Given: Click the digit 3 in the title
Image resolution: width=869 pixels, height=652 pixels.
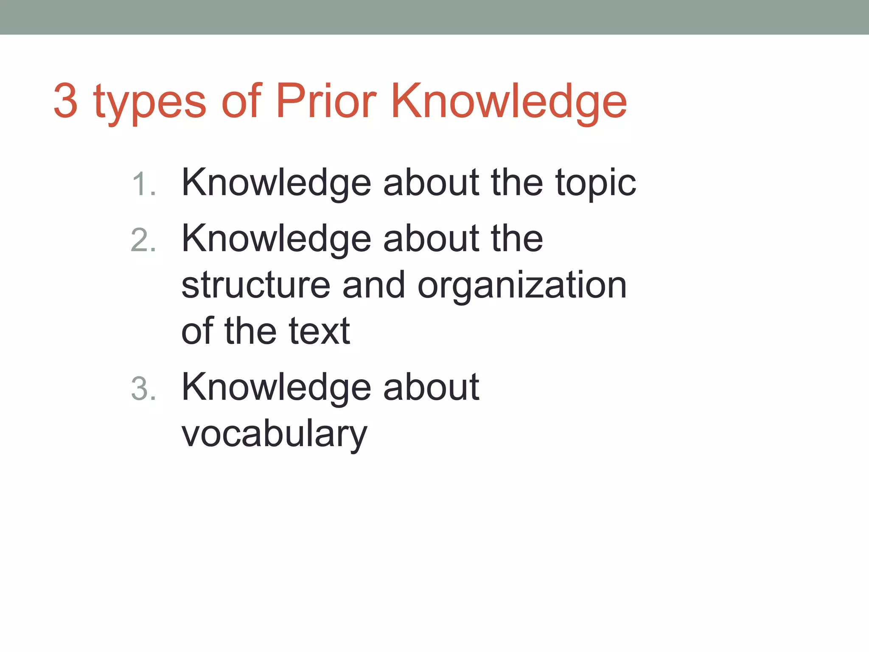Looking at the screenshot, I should point(66,101).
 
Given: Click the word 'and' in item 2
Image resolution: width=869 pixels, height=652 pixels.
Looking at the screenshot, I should point(373,285).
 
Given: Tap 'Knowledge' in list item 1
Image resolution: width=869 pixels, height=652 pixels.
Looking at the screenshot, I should point(276,183).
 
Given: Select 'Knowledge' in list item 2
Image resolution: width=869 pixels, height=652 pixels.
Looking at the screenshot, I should point(276,239).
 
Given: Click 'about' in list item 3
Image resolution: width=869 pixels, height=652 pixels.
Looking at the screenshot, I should point(431,387).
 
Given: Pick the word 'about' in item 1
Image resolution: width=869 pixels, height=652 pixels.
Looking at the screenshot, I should point(431,183).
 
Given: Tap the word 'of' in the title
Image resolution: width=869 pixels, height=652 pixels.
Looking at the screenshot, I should point(241,101).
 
